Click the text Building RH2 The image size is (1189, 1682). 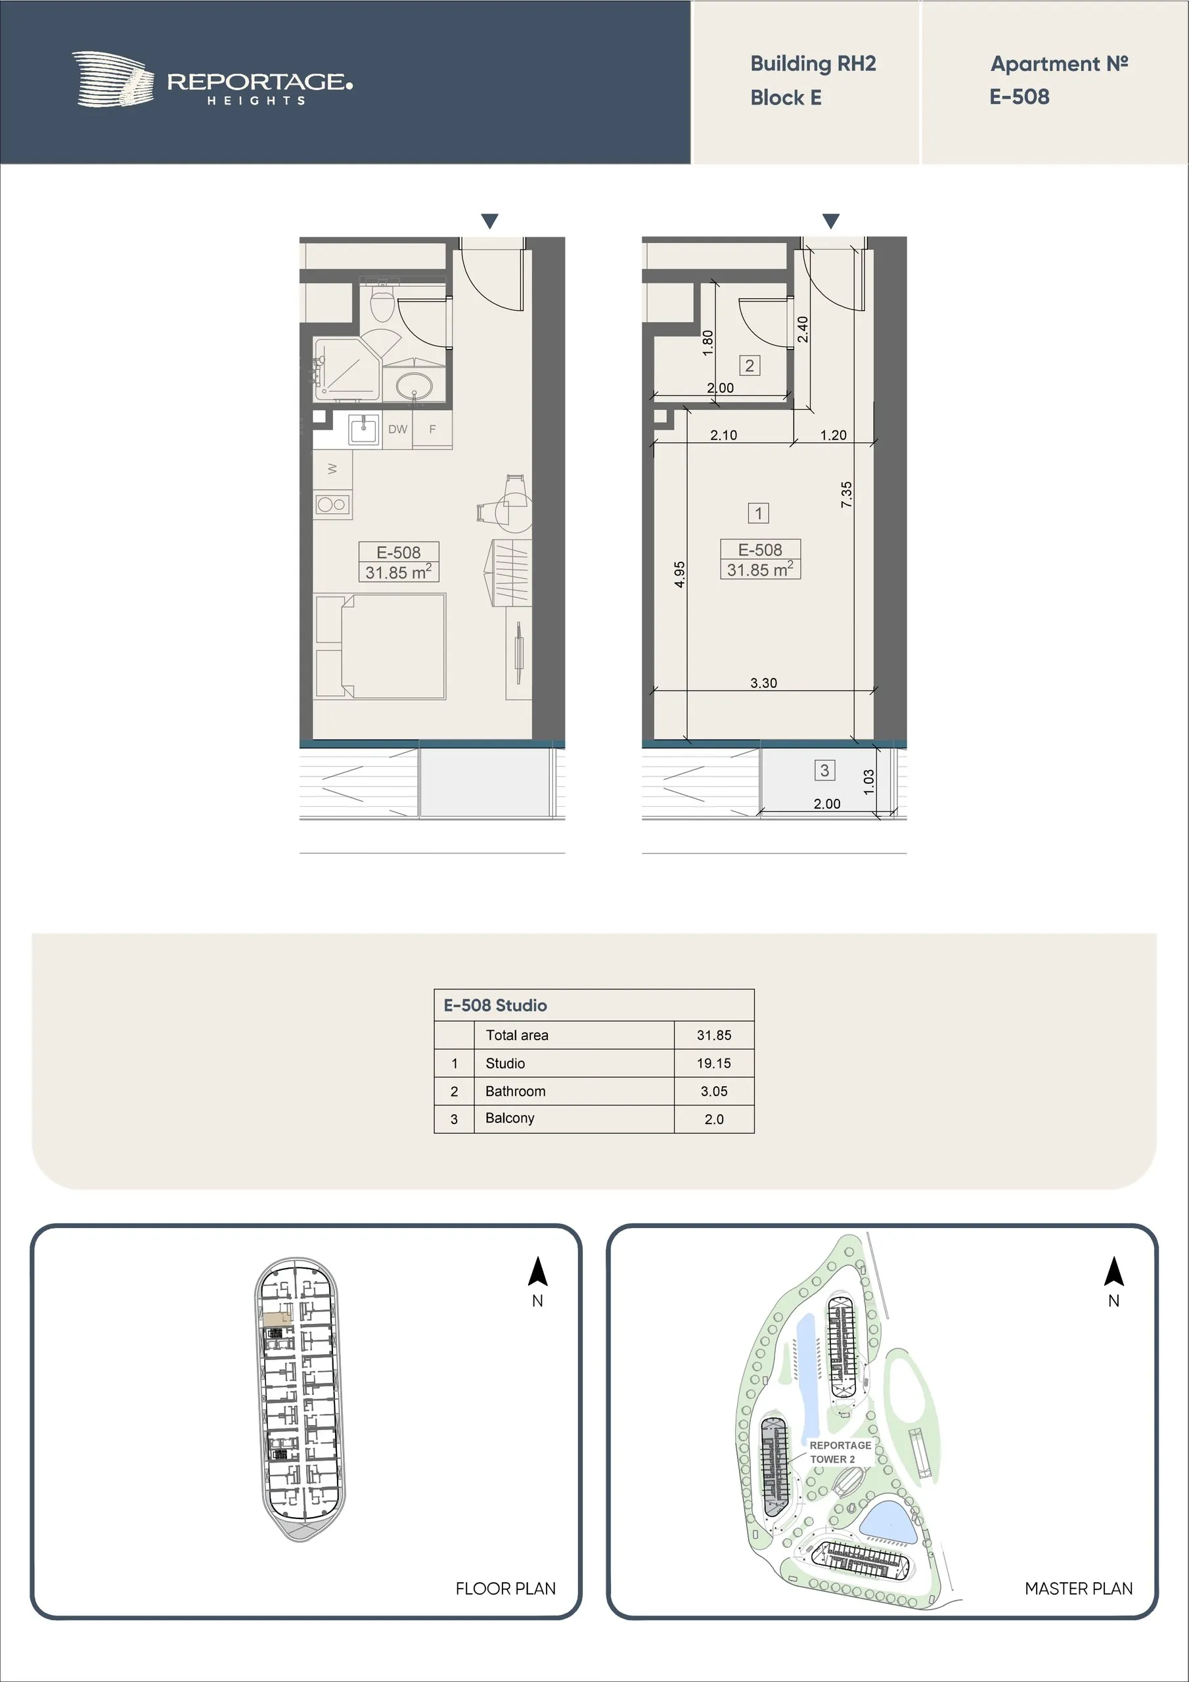click(x=813, y=64)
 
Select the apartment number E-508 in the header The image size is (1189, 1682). click(x=1019, y=97)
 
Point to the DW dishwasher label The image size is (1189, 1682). click(x=398, y=429)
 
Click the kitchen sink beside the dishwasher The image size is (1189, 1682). click(x=363, y=429)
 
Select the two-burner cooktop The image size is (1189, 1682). click(x=332, y=504)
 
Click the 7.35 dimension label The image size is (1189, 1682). click(x=846, y=495)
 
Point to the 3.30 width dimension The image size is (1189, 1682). click(x=763, y=683)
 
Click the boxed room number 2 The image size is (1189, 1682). click(x=749, y=365)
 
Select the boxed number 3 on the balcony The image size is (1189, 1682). click(x=824, y=770)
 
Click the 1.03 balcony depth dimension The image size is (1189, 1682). click(x=869, y=782)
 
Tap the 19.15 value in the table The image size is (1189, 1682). click(x=713, y=1063)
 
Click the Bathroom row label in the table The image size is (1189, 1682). click(x=515, y=1091)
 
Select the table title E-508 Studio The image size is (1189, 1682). click(x=495, y=1005)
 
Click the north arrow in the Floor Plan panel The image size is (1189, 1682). click(x=538, y=1272)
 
